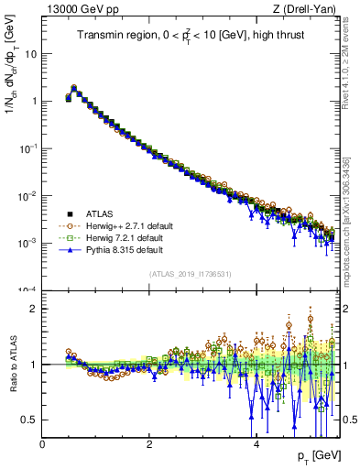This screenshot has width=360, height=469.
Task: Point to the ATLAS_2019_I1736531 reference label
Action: pos(190,273)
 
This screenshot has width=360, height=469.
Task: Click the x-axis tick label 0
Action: pos(42,444)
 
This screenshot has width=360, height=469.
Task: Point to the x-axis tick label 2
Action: pos(149,444)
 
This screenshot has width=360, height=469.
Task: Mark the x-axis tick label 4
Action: pos(256,444)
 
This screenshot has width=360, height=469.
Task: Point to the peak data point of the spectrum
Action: pos(73,89)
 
